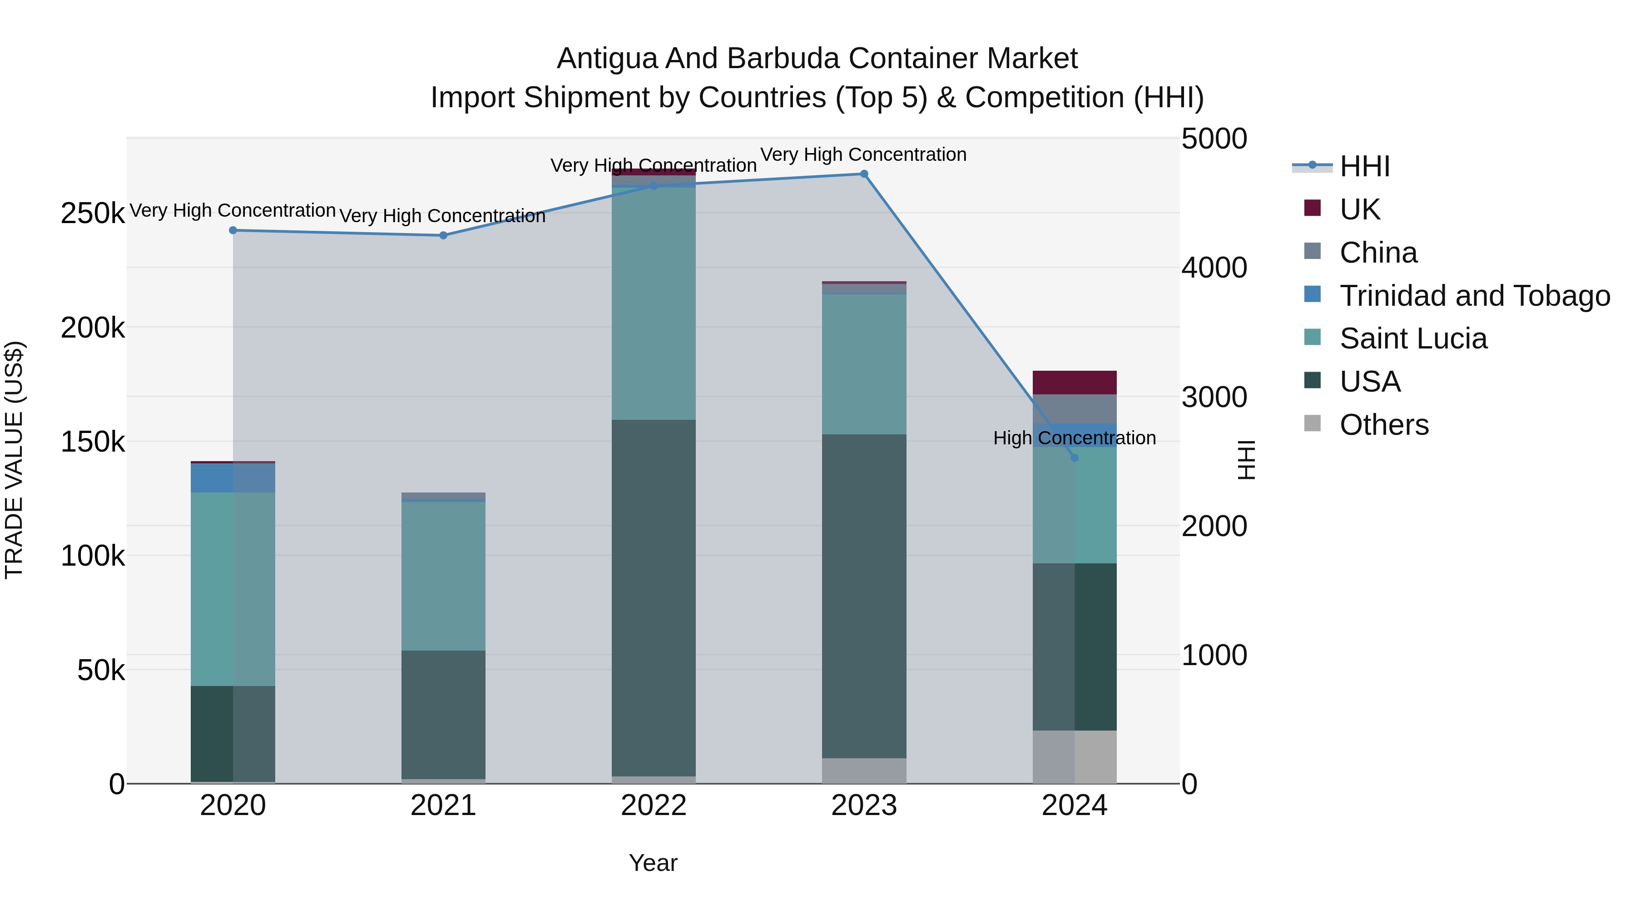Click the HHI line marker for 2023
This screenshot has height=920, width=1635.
click(864, 174)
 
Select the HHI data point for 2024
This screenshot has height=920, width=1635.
click(1075, 458)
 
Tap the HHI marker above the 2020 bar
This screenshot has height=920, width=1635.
click(233, 230)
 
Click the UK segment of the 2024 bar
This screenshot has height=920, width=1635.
click(1075, 383)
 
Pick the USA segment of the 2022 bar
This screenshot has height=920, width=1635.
click(654, 597)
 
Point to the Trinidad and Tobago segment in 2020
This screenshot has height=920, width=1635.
click(233, 478)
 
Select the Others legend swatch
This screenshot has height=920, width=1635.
click(1312, 423)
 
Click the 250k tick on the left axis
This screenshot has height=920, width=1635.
click(93, 214)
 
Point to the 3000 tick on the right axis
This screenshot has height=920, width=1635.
click(1214, 398)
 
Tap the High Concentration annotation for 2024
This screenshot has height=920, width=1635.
click(1074, 438)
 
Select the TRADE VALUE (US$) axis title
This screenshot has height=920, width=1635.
click(14, 460)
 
